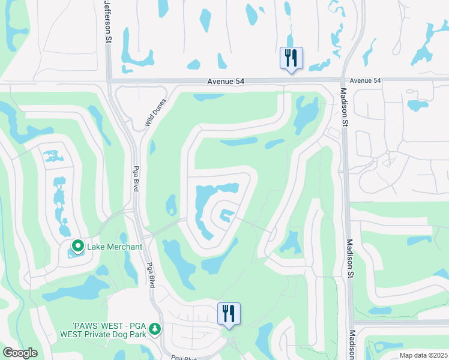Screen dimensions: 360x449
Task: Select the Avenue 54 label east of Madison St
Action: [365, 80]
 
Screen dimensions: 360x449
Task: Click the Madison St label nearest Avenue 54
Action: [344, 108]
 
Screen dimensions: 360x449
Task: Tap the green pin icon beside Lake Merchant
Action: [77, 246]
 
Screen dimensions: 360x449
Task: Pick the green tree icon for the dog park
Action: [155, 329]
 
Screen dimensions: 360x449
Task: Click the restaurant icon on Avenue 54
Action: [292, 58]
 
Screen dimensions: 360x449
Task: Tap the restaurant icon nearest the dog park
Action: [229, 314]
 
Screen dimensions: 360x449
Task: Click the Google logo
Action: [20, 352]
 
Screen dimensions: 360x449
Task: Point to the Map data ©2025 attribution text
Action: [423, 355]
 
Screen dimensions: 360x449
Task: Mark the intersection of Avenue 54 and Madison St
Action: [343, 80]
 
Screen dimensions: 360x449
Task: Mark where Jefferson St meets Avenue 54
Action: [108, 80]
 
